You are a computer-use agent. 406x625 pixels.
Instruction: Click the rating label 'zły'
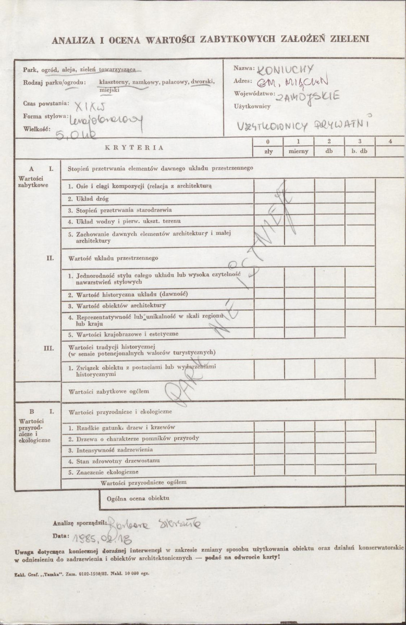tap(268, 152)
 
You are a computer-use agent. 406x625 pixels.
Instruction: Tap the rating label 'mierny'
tap(299, 152)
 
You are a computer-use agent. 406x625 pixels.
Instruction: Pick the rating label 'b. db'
tap(359, 152)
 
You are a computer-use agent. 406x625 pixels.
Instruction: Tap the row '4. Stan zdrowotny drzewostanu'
tap(114, 461)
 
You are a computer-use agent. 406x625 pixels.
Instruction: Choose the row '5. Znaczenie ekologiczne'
tap(103, 472)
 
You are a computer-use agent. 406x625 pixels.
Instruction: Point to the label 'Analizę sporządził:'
tap(79, 522)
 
